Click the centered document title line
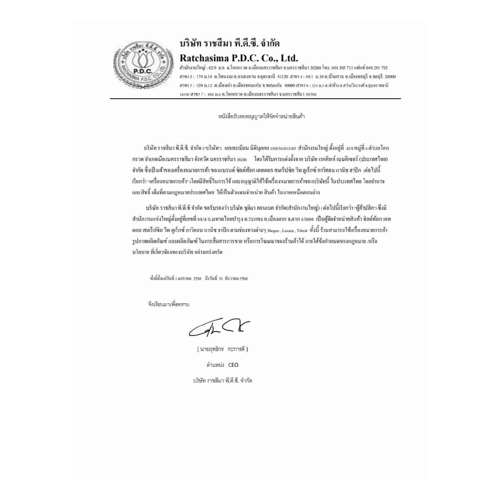point(262,117)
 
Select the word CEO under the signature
point(233,365)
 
